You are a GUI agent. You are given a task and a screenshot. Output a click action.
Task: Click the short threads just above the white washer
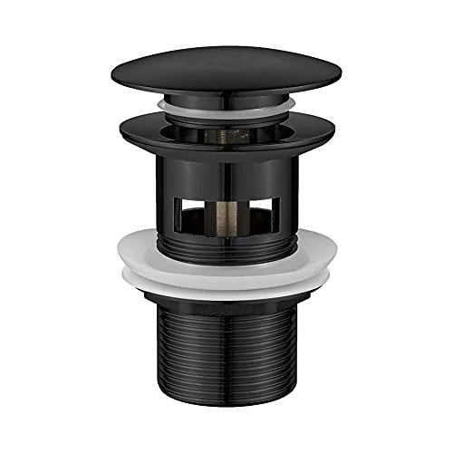point(226,243)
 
